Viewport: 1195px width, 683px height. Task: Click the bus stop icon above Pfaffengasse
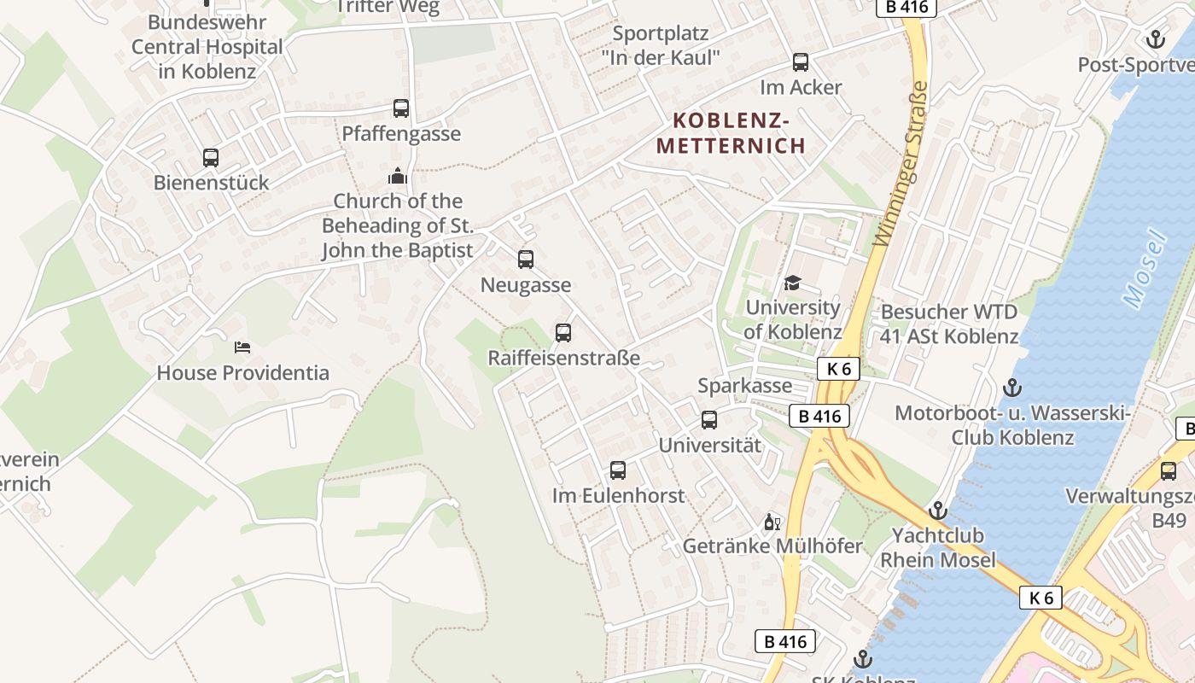tap(401, 108)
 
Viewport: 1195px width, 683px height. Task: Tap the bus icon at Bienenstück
tap(211, 158)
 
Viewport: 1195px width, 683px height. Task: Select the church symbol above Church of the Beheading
tap(398, 177)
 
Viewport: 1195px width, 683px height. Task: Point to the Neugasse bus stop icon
tap(526, 260)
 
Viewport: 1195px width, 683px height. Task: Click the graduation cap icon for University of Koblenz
tap(793, 283)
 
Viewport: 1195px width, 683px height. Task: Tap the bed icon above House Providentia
tap(242, 347)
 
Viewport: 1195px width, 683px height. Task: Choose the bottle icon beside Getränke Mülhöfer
tap(772, 522)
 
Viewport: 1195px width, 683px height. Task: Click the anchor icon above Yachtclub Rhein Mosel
tap(938, 511)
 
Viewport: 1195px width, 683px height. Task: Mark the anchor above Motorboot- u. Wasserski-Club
tap(1012, 388)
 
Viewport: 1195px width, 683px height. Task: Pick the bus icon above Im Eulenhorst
tap(618, 470)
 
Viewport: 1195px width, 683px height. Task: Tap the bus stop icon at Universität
tap(709, 420)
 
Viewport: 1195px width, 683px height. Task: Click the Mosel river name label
tap(1144, 268)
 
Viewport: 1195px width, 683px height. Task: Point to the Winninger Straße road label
tap(901, 164)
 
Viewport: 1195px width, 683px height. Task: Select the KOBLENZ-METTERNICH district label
tap(732, 132)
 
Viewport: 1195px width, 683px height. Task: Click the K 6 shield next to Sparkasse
tap(838, 369)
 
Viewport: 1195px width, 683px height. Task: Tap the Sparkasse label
tap(745, 385)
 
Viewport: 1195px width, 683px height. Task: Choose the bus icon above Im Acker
tap(801, 62)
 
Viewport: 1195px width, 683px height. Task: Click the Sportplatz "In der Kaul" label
tap(661, 45)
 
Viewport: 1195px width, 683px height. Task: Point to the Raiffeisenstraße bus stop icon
tap(563, 333)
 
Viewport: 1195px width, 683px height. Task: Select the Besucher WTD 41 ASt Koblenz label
tap(949, 324)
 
